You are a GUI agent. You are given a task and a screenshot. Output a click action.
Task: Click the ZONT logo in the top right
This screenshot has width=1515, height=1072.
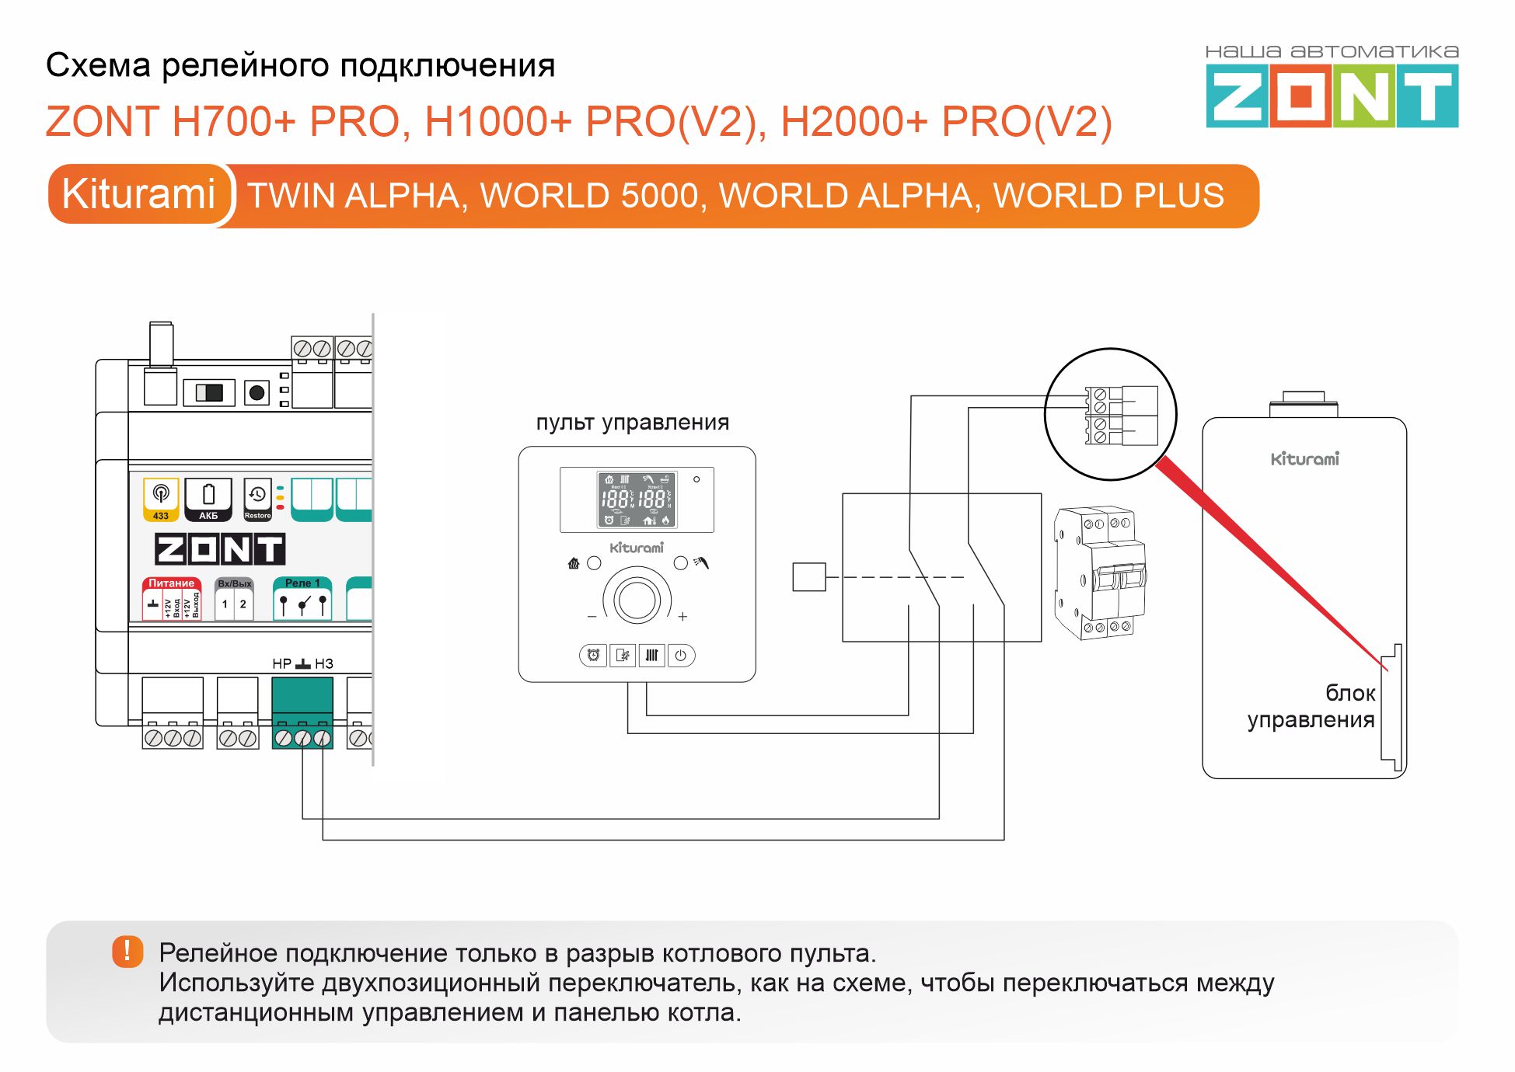tap(1332, 96)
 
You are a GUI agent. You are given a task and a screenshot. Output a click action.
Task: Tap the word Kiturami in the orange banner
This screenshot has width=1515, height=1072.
tap(138, 194)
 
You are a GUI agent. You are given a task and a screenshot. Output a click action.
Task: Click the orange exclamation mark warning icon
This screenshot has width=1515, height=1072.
tap(127, 952)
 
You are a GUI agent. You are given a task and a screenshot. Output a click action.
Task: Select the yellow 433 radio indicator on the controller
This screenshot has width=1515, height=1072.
tap(161, 499)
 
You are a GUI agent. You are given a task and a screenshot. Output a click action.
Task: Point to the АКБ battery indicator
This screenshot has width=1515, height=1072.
tap(208, 499)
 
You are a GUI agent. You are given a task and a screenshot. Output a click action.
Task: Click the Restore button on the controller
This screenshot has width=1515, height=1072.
tap(257, 499)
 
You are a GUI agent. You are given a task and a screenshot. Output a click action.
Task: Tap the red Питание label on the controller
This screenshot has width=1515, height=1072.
tap(171, 583)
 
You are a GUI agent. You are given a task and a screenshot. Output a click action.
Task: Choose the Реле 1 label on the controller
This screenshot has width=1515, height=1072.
tap(302, 583)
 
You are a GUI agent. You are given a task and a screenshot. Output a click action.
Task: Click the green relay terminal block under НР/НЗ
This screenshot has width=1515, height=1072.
tap(302, 711)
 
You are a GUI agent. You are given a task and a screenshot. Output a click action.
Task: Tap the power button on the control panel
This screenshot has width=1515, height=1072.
tap(680, 656)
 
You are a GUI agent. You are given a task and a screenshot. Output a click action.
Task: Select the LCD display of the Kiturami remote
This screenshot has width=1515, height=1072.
tap(637, 500)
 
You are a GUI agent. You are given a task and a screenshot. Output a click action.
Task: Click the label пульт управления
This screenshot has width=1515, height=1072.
tap(632, 423)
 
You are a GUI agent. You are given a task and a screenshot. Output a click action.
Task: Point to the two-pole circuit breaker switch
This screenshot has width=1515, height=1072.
tap(1100, 573)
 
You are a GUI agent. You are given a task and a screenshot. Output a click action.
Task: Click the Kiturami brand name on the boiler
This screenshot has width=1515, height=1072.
tap(1304, 459)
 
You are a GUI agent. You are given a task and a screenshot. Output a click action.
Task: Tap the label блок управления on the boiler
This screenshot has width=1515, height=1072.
tap(1311, 706)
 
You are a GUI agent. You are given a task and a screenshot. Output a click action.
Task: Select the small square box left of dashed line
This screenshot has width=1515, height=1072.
tap(808, 577)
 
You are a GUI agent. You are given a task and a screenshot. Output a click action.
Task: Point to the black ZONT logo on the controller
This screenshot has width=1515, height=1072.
tap(220, 549)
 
